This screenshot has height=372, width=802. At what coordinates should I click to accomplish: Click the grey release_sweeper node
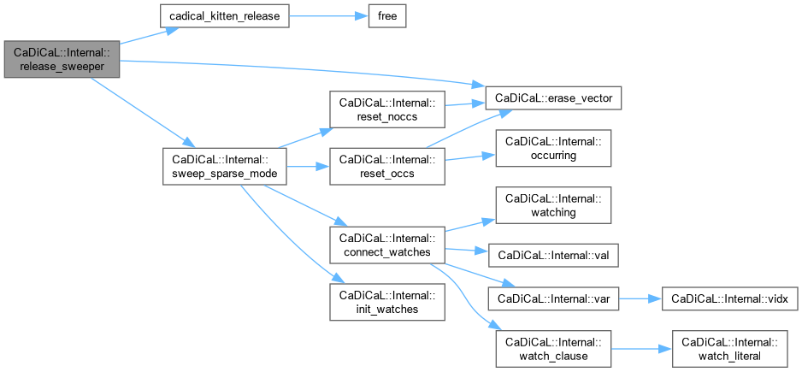click(x=61, y=59)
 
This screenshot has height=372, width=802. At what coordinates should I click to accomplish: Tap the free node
click(x=386, y=17)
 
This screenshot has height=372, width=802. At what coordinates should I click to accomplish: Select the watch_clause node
click(x=552, y=348)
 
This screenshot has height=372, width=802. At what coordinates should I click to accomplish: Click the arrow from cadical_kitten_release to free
click(x=324, y=17)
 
